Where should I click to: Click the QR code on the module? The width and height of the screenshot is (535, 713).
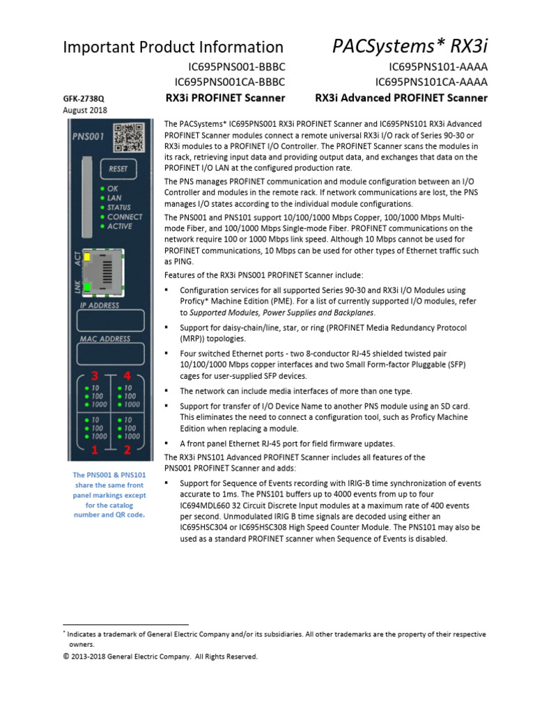point(128,137)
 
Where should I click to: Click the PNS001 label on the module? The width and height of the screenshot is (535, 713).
point(88,136)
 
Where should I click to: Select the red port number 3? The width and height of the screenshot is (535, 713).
point(94,376)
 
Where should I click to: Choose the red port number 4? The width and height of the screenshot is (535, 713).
point(127,376)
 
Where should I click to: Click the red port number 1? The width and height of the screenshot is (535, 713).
point(94,450)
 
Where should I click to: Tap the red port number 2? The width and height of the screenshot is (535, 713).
point(127,450)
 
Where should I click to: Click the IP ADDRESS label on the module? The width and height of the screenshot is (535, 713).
point(100,305)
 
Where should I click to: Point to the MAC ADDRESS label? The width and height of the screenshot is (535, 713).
point(104,339)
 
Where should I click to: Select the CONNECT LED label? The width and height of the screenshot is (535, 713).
point(124,217)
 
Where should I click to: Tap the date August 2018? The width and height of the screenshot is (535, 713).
point(85,111)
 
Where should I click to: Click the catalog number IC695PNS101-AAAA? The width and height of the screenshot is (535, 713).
point(438,68)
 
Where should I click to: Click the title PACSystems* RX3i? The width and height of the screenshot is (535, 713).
point(419,46)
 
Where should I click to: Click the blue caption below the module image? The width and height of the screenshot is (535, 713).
point(109,495)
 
